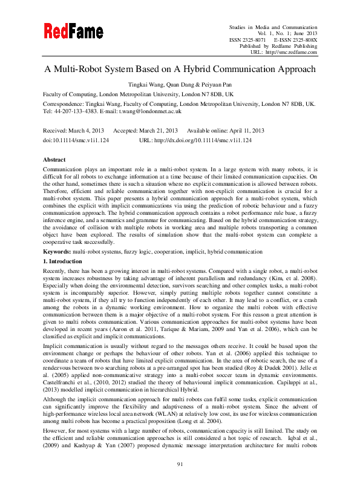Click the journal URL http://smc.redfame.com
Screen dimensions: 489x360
pyautogui.click(x=292, y=53)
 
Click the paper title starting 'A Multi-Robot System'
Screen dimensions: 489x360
pyautogui.click(x=180, y=70)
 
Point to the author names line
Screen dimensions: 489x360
pyautogui.click(x=180, y=86)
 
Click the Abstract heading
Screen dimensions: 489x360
pyautogui.click(x=54, y=159)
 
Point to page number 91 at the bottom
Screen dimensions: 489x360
pyautogui.click(x=180, y=464)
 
